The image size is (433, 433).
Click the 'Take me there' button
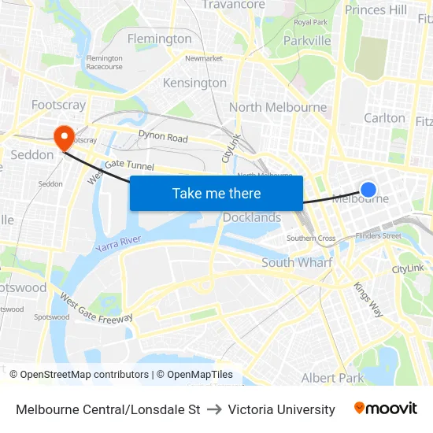[x=216, y=193]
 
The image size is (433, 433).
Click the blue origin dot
[x=368, y=189]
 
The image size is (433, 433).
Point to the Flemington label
[x=159, y=39]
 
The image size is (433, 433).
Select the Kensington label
[x=194, y=83]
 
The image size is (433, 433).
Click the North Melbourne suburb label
[x=278, y=107]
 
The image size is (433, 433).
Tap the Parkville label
[x=307, y=40]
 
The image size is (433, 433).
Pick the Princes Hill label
[x=376, y=9]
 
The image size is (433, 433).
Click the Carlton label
[x=384, y=118]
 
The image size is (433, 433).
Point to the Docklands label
[x=252, y=217]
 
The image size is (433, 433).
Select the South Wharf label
[x=297, y=262]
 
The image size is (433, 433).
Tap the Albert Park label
[x=332, y=378]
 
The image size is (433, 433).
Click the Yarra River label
[x=118, y=243]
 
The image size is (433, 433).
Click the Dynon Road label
[x=163, y=137]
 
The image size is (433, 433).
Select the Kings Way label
[x=368, y=299]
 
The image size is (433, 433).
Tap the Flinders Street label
[x=378, y=235]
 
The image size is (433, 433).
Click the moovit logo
[x=386, y=409]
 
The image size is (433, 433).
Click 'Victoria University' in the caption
[x=281, y=409]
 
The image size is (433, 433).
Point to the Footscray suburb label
[x=58, y=104]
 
